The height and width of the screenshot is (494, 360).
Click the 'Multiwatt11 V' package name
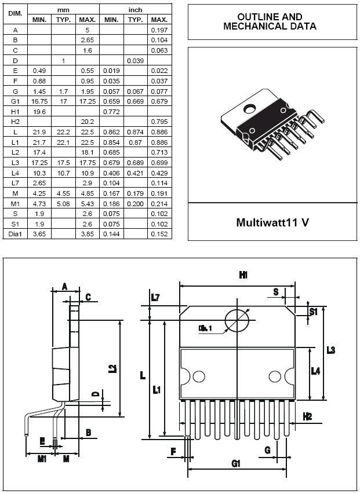click(272, 222)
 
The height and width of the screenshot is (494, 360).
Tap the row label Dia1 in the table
click(15, 233)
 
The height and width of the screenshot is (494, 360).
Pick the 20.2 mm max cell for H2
click(87, 121)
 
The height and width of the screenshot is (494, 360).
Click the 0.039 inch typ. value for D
click(135, 60)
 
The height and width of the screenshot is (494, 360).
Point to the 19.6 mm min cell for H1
click(39, 111)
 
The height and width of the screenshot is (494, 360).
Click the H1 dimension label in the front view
click(243, 276)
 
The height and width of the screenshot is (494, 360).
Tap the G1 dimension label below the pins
click(235, 463)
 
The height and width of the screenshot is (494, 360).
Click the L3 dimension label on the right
click(330, 350)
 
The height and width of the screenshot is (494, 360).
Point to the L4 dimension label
click(315, 371)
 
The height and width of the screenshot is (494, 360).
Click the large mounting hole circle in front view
click(237, 321)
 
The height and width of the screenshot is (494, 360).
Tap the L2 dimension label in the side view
click(112, 368)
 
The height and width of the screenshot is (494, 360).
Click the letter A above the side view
click(65, 286)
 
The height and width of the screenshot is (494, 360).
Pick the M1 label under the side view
click(42, 459)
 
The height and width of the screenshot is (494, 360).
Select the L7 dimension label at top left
click(155, 297)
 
